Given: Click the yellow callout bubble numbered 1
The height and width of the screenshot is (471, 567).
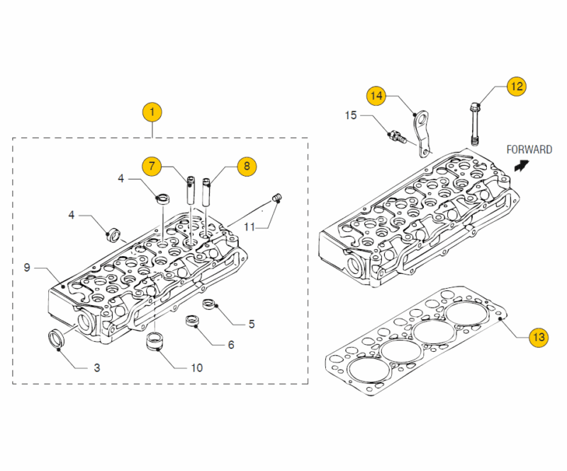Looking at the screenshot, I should tap(152, 111).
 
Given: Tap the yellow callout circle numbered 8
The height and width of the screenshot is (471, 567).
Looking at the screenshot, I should tap(247, 166).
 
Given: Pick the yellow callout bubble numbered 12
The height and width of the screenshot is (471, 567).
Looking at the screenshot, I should tap(517, 87).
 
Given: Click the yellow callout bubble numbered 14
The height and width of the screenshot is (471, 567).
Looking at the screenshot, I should tap(376, 94).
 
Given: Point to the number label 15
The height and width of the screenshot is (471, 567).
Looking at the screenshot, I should tap(351, 114).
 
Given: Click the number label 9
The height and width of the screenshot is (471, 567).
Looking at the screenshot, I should tap(26, 267).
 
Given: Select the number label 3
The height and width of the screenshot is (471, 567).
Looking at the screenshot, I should tap(97, 367).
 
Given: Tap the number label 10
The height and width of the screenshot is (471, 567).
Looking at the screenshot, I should tap(196, 367).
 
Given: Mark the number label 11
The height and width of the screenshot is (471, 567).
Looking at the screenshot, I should tap(249, 226).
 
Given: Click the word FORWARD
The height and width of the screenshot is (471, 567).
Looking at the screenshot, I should tap(529, 150).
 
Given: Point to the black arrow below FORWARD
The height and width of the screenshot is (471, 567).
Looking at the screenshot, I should tap(522, 165).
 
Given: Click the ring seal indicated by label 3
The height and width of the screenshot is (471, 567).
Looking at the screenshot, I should tap(56, 339).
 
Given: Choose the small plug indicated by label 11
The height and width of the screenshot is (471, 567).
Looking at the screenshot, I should tap(278, 196).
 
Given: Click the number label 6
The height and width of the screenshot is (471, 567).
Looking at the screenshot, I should tap(231, 345).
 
